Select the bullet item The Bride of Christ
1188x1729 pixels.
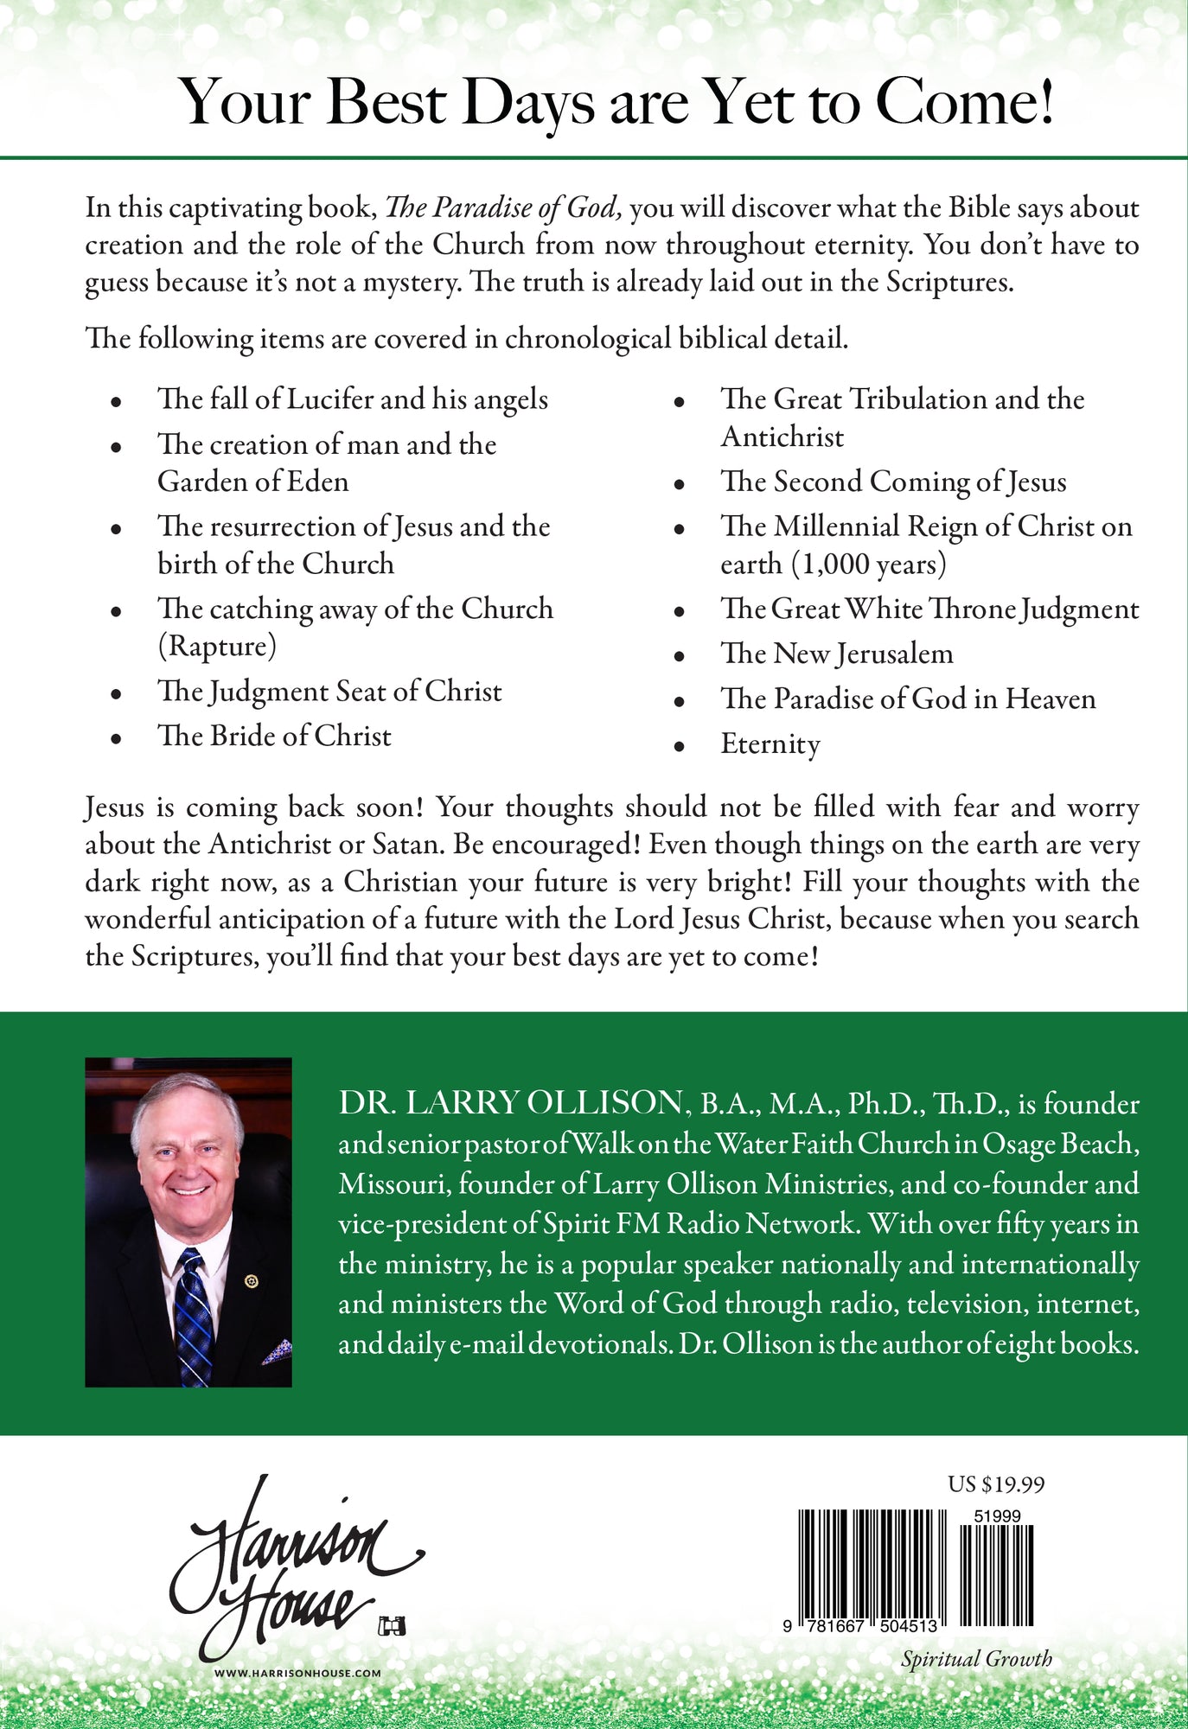(x=274, y=736)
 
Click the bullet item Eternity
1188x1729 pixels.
(x=770, y=744)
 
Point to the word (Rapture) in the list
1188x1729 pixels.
(x=216, y=647)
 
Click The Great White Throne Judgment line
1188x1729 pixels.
(x=929, y=609)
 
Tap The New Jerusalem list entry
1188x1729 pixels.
(x=836, y=654)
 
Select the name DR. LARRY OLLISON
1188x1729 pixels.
(x=510, y=1103)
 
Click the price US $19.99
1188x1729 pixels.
(x=996, y=1484)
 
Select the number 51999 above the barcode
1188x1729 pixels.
(x=996, y=1516)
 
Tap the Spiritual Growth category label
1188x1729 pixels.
(x=976, y=1658)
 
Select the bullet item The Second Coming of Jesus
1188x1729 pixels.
(x=893, y=482)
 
